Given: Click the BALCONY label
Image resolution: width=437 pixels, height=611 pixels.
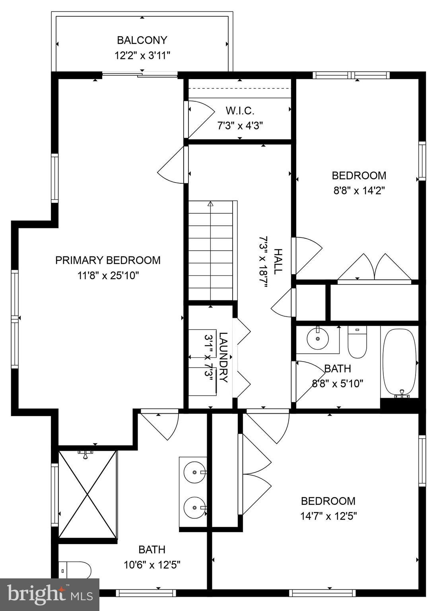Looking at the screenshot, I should pos(142,40).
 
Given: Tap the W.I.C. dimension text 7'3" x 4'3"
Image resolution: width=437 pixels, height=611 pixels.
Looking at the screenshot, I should pos(240,126).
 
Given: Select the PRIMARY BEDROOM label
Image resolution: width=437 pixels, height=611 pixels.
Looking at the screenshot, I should pos(108,260).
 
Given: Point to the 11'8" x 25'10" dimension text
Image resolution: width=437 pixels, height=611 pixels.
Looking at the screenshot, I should pos(108,276).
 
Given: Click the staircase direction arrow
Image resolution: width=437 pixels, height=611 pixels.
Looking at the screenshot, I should pos(210,204).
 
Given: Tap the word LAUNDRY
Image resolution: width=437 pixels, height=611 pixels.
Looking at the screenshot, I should pos(223,357).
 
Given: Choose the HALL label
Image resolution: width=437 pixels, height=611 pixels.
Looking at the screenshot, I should pos(278,261).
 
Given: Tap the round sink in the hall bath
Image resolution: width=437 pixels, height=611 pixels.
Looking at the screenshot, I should pos(318,339).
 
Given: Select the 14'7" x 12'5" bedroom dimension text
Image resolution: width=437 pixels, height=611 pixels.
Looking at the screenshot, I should pos(328,516).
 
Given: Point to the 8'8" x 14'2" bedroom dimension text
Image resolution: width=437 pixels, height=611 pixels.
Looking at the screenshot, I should pos(359,191).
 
